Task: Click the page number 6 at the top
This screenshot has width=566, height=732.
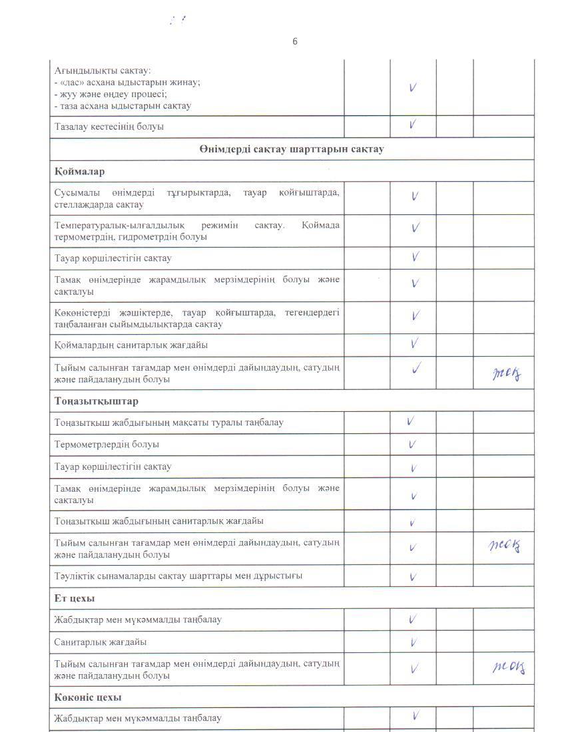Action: click(x=295, y=41)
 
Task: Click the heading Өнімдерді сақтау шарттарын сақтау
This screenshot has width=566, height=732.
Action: click(x=291, y=149)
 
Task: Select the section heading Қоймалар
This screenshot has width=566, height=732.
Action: click(x=79, y=172)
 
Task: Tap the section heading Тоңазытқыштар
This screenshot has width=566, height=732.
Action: click(x=97, y=401)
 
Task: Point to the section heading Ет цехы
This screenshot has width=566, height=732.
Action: click(x=75, y=598)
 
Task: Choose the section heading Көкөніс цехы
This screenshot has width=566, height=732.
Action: click(x=88, y=697)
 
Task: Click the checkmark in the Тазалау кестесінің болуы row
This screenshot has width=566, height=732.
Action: click(x=413, y=124)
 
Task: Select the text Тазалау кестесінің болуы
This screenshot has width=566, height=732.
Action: click(x=109, y=126)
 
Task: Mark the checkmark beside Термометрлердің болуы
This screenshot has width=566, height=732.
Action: click(x=413, y=444)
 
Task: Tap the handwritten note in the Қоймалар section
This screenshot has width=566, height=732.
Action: click(x=507, y=375)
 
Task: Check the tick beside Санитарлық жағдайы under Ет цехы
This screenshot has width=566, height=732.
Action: click(x=414, y=642)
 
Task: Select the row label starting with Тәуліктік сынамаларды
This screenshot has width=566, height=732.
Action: click(x=178, y=576)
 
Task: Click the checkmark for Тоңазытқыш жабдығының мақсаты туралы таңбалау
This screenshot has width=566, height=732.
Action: click(x=411, y=421)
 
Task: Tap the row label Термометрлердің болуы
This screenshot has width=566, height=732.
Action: click(x=107, y=445)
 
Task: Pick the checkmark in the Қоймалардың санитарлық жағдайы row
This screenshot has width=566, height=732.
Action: click(x=414, y=343)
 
